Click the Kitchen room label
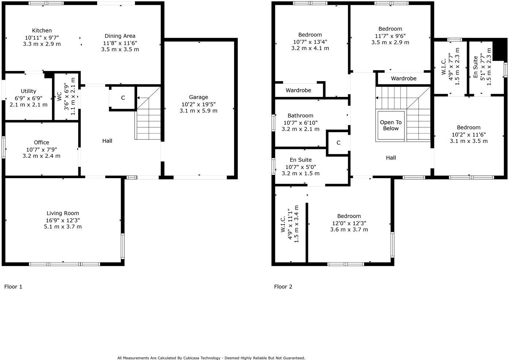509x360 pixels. click(x=42, y=31)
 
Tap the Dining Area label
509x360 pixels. click(x=120, y=36)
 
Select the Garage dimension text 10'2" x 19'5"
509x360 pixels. click(x=199, y=104)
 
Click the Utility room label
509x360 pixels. click(x=29, y=91)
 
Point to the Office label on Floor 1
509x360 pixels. click(x=41, y=142)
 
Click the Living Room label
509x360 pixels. click(x=63, y=213)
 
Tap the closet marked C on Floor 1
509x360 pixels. click(x=123, y=98)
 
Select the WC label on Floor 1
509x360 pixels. click(x=59, y=96)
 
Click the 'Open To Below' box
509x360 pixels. click(x=391, y=125)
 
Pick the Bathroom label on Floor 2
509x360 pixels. click(x=300, y=116)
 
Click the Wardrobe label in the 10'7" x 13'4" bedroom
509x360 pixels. click(x=298, y=90)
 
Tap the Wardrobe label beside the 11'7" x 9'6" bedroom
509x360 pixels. click(x=404, y=79)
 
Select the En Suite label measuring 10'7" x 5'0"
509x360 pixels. click(x=301, y=160)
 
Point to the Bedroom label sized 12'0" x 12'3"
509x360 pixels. click(x=349, y=216)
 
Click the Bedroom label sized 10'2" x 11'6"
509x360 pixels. click(x=468, y=128)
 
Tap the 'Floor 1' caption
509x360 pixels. click(x=13, y=287)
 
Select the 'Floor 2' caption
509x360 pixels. click(x=283, y=287)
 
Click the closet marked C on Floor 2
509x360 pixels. click(x=338, y=143)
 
